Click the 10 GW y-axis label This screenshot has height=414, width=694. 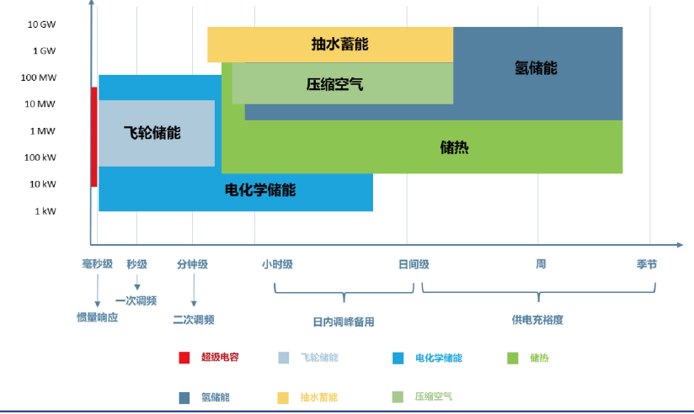pos(41,24)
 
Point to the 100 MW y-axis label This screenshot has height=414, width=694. pos(39,77)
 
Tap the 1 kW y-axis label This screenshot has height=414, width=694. pos(45,211)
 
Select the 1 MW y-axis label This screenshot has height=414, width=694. pos(42,131)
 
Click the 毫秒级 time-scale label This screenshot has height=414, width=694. pos(98,264)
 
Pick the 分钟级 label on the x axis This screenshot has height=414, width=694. pos(192,264)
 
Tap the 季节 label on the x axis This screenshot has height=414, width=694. pos(647,264)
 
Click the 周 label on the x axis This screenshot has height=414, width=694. pos(541,264)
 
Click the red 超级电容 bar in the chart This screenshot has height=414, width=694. pos(93,136)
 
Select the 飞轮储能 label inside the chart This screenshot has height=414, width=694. pos(152,133)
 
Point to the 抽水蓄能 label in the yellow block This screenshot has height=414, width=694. pos(340,44)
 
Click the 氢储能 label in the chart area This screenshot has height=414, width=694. pos(536,67)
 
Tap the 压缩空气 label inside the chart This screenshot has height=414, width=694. pos(334,84)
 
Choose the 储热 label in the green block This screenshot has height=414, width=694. pos(454,147)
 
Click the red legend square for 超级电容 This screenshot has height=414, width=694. pos(184,358)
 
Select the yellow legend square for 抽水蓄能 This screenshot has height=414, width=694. pos(283,398)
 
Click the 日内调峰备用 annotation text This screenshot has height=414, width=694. pos(344,321)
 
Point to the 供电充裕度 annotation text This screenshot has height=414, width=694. pos(537,320)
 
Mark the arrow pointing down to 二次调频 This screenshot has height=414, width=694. pos(194,290)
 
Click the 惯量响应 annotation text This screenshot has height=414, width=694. pos(98,317)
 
